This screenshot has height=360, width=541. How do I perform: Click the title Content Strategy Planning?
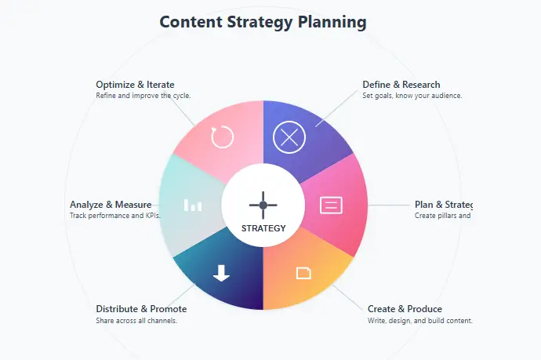(x=263, y=21)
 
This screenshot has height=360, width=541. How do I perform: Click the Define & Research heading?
(x=401, y=85)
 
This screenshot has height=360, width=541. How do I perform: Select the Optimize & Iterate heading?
(x=135, y=85)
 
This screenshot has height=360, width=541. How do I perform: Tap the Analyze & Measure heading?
(x=111, y=205)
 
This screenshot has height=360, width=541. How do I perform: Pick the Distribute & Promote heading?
(x=141, y=309)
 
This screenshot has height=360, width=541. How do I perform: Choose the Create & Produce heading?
(x=405, y=309)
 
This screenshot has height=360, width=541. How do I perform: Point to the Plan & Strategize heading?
(x=443, y=205)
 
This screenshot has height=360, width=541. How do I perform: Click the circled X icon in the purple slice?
(x=289, y=137)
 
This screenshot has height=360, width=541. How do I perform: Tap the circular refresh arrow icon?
(x=223, y=137)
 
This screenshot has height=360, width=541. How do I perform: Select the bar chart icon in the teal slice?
(x=193, y=205)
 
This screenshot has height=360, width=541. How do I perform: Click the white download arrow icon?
(x=222, y=273)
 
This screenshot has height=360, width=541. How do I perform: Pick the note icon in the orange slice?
(x=303, y=273)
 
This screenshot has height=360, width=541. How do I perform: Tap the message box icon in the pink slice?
(x=332, y=205)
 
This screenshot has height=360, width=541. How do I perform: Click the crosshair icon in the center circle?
(x=263, y=205)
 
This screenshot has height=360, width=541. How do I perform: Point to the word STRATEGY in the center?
(x=263, y=229)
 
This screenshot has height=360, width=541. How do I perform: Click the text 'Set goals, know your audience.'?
(x=412, y=96)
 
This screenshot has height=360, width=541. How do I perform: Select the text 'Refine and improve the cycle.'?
(x=143, y=96)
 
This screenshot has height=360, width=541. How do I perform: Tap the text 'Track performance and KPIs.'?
(x=114, y=216)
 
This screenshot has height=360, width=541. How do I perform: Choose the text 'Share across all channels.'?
(x=136, y=320)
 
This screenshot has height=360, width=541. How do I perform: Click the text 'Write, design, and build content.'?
(x=419, y=320)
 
